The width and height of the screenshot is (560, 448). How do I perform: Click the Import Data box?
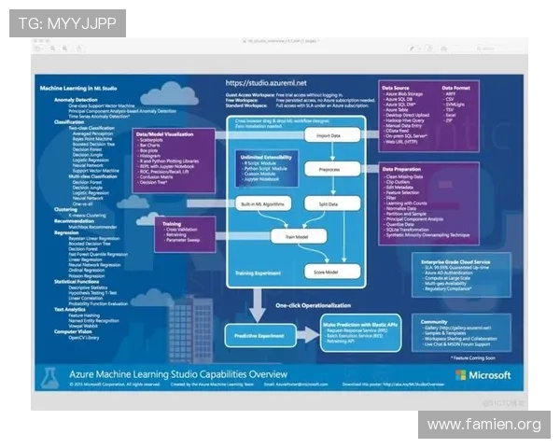(x=329, y=135)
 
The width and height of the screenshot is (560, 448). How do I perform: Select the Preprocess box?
(x=329, y=170)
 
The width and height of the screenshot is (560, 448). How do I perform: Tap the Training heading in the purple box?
(x=173, y=223)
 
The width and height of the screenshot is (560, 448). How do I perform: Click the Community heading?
(x=435, y=316)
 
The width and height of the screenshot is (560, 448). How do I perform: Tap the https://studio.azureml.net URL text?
(x=265, y=82)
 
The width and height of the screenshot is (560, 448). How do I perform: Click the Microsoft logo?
(x=483, y=375)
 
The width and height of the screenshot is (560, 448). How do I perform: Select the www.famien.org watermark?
(x=484, y=425)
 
